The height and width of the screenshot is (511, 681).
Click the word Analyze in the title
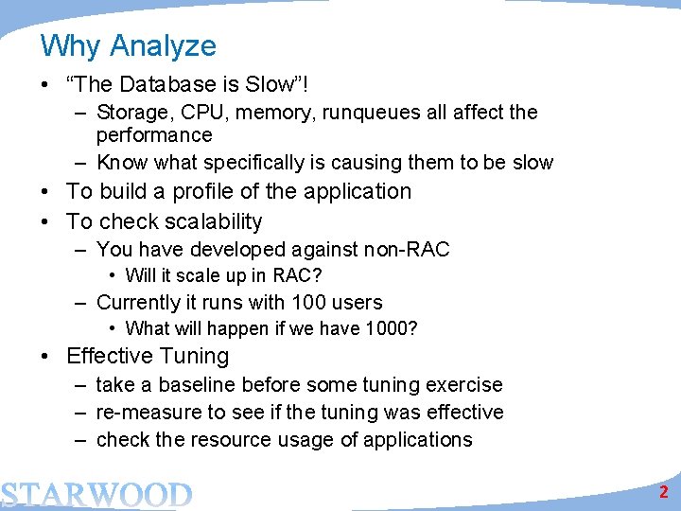(x=164, y=46)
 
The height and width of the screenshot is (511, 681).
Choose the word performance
(x=154, y=135)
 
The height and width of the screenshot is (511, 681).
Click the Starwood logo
(x=96, y=494)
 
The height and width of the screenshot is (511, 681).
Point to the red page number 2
(x=664, y=492)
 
